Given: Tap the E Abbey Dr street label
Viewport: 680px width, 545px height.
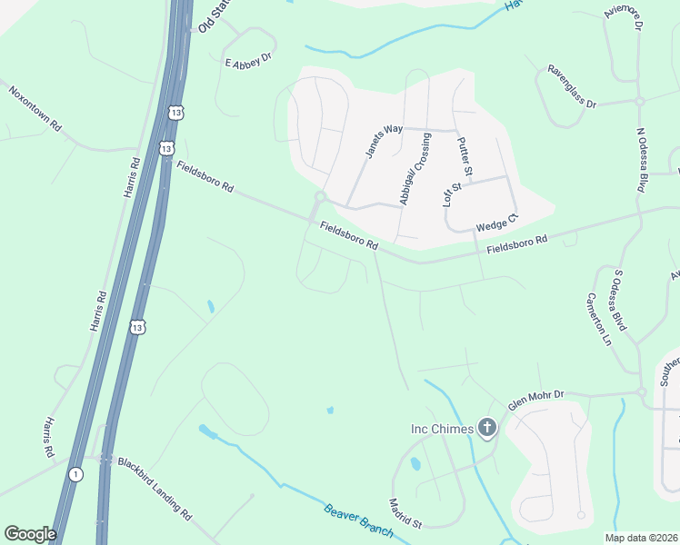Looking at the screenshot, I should tap(248, 60).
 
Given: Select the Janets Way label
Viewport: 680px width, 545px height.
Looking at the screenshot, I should tap(384, 141).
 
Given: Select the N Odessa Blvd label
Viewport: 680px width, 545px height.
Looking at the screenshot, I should tap(646, 157).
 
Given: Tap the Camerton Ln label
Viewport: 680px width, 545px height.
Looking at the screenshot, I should tap(599, 320).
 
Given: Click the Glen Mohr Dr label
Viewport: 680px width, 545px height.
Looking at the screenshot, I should tap(536, 401).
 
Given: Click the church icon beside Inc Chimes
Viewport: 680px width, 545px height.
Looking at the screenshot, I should tap(487, 428).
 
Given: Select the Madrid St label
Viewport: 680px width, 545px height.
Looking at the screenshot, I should tap(405, 512).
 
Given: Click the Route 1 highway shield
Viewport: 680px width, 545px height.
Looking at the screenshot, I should tap(75, 474).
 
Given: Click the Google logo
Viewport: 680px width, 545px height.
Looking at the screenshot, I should tap(30, 533).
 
